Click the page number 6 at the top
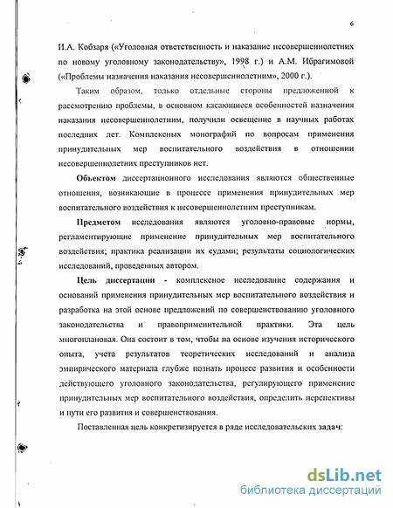[348, 24]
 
